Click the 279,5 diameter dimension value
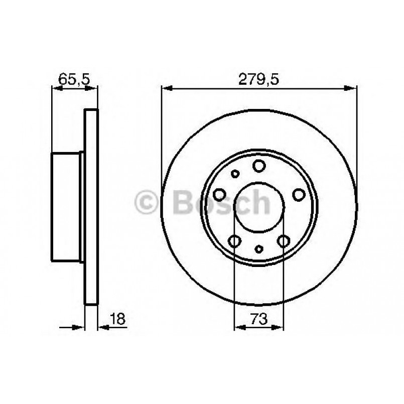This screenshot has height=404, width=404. pyautogui.click(x=258, y=79)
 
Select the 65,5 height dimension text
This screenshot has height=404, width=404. pyautogui.click(x=75, y=79)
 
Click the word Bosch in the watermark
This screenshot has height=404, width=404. pyautogui.click(x=221, y=202)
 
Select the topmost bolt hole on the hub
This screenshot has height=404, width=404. pyautogui.click(x=259, y=166)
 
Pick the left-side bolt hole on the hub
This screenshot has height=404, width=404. pyautogui.click(x=219, y=194)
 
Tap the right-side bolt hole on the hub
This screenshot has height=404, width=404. pyautogui.click(x=299, y=194)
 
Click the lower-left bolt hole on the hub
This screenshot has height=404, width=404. pyautogui.click(x=234, y=241)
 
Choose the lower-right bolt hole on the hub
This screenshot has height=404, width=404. pyautogui.click(x=284, y=241)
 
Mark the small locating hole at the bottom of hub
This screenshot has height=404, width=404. pyautogui.click(x=259, y=248)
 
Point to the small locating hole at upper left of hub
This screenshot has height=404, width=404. pyautogui.click(x=235, y=174)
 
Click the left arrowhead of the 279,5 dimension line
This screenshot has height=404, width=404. pyautogui.click(x=166, y=89)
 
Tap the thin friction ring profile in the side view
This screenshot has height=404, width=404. pyautogui.click(x=90, y=207)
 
